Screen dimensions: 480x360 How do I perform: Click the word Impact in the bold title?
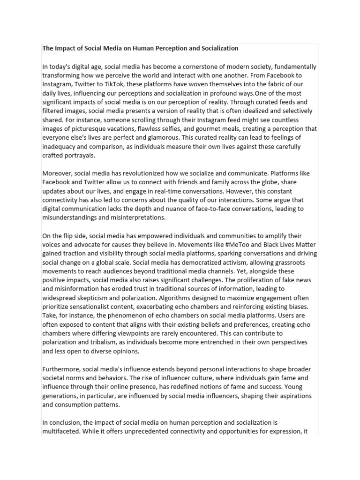click(x=65, y=48)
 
